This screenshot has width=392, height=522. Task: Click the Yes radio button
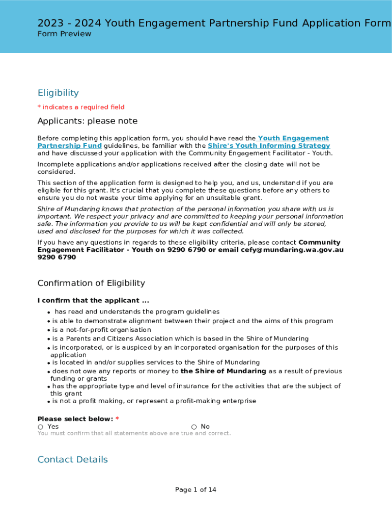[40, 427]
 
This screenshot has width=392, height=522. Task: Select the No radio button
[194, 427]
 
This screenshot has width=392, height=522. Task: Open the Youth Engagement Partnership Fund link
[293, 138]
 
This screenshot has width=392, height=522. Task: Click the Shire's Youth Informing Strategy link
[268, 146]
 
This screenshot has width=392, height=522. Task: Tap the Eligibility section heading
[58, 93]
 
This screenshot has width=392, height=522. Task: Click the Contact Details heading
[73, 459]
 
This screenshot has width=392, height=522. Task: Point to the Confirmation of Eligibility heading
[91, 283]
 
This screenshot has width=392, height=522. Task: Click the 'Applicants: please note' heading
[88, 121]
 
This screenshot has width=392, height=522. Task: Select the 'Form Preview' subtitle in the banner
[64, 34]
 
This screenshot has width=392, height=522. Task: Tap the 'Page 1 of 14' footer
[195, 490]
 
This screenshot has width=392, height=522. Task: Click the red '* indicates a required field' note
[81, 107]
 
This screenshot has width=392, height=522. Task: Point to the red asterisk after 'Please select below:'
[117, 419]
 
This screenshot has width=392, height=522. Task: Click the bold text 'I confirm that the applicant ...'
[93, 301]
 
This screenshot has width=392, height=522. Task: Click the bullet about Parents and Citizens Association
[180, 338]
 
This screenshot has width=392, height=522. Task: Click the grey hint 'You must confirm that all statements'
[134, 433]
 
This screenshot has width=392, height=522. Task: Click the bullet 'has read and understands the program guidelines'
[137, 311]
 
